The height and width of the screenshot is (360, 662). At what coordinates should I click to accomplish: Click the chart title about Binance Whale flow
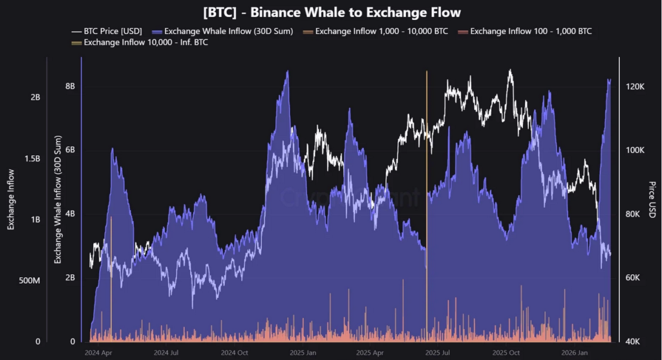point(331,12)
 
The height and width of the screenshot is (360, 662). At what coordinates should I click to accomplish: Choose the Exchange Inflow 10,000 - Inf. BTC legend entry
point(143,43)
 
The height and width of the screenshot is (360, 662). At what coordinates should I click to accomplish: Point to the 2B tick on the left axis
point(36,97)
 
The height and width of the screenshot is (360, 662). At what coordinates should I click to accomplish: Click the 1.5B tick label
point(32,158)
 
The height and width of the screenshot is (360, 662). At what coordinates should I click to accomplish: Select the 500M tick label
point(31,281)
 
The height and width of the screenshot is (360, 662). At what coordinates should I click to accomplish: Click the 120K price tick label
point(635,86)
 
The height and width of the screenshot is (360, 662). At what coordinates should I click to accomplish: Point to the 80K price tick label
point(635,214)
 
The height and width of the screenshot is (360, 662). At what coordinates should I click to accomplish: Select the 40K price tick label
point(635,342)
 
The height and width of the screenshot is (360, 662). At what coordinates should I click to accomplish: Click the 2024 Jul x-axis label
point(166,353)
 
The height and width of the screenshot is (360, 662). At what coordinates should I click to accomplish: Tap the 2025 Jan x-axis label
point(303,353)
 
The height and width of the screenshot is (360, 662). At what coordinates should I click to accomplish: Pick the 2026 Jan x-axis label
point(573,353)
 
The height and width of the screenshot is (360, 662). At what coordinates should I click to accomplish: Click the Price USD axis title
point(652,199)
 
